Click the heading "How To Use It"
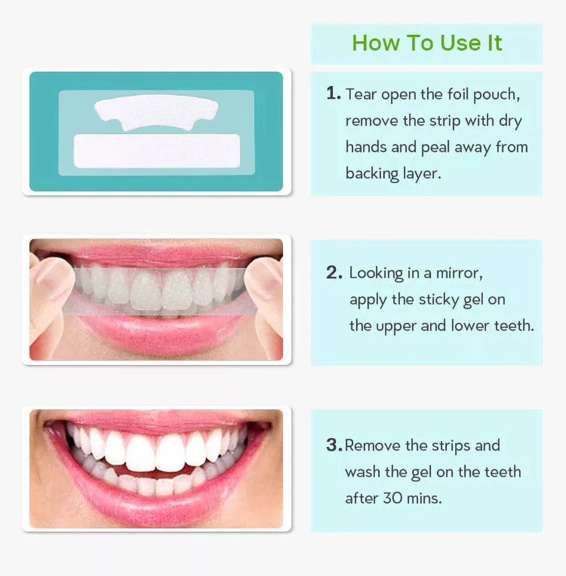427,43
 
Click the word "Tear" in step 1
361,94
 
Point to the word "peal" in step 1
436,147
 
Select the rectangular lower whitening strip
156,151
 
